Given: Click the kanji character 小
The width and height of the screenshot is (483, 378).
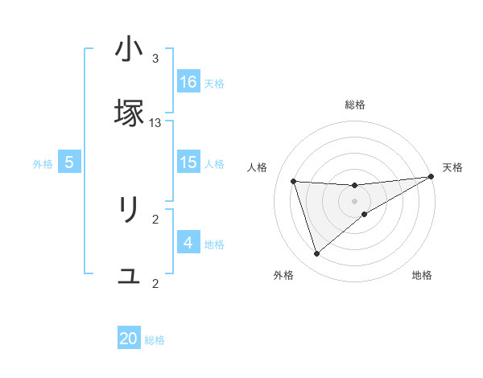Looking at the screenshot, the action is coord(129,51).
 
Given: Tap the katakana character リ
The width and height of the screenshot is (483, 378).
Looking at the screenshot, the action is coord(129,211).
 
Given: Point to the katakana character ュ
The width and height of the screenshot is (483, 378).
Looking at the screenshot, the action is coord(129,276).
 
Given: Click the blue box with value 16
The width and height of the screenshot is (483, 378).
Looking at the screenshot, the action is coord(188,82).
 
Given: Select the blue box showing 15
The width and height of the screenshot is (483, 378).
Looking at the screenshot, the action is coord(188,162).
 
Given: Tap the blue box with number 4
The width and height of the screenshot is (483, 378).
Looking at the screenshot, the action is coord(188,243).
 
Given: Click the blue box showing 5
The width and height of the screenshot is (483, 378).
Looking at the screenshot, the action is coord(69,162).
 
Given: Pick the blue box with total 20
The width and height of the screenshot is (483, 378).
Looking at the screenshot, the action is coord(129,339).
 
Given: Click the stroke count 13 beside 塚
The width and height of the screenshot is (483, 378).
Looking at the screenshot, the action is coord(155,122).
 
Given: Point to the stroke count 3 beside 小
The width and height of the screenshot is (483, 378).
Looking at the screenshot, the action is coord(155,59).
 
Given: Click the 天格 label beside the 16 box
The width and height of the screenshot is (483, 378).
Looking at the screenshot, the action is coord(214,84).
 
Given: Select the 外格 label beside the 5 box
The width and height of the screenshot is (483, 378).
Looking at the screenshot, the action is coord(43,164).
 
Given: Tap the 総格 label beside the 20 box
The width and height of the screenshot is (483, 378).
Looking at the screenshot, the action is coord(155,340).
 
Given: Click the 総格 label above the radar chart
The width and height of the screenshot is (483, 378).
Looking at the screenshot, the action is coord(355,105).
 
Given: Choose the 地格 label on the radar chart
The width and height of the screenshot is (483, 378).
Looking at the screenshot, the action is coord(422,276).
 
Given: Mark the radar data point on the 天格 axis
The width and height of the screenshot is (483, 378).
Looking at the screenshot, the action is coord(431,177).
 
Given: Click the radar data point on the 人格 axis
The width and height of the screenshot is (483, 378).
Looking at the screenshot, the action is coord(294,181).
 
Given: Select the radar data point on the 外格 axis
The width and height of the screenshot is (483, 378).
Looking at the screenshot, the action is coord(316,254).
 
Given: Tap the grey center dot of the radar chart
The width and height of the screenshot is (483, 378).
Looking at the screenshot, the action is coord(355,201).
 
